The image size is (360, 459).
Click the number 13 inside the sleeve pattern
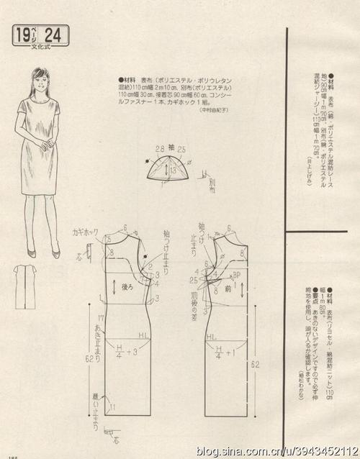pos(174,171)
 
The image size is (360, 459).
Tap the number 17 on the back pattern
pos(101,317)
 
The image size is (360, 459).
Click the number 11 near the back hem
pos(112,407)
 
